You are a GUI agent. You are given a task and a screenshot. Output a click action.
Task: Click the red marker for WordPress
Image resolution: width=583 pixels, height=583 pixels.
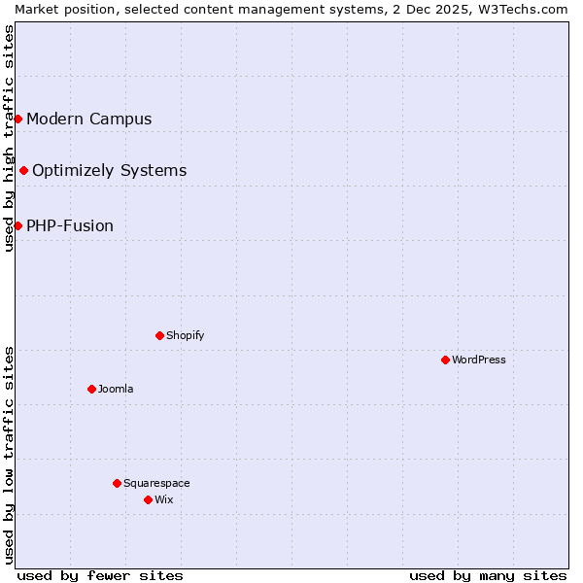tap(445, 360)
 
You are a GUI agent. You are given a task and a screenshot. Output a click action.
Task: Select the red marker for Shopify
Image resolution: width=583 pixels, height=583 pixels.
tap(159, 335)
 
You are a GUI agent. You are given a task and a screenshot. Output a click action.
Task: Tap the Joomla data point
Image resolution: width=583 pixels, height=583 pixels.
tap(91, 389)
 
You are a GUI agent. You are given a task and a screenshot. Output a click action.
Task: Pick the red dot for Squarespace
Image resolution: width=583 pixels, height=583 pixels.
tap(117, 483)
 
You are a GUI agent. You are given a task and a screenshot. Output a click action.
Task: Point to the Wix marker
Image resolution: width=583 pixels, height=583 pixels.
tap(148, 499)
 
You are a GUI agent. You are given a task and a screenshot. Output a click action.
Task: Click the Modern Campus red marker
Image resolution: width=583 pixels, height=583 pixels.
tap(17, 119)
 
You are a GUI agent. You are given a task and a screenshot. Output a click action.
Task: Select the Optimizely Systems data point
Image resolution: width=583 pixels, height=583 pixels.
tap(23, 170)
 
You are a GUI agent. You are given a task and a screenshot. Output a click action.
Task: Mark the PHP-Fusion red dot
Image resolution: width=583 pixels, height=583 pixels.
tap(17, 225)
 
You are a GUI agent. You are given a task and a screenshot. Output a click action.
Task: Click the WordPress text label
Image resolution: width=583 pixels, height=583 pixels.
tap(479, 360)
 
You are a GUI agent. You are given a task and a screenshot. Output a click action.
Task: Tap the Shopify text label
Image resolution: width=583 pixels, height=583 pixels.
tap(186, 335)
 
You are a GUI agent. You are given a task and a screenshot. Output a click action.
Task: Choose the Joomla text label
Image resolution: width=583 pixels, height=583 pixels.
tap(116, 389)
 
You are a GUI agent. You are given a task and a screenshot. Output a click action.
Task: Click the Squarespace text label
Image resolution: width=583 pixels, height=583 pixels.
tap(156, 483)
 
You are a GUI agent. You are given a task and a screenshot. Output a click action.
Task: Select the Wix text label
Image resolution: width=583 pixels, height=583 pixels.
tap(164, 499)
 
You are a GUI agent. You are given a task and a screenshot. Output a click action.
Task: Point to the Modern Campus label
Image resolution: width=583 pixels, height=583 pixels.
tap(89, 119)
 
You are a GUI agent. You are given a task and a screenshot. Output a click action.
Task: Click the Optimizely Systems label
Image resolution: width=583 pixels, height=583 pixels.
tap(110, 170)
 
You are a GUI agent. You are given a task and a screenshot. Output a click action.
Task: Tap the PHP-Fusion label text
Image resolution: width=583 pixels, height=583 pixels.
tap(70, 225)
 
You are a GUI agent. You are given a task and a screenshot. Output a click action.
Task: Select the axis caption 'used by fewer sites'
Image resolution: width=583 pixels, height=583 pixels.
tap(100, 575)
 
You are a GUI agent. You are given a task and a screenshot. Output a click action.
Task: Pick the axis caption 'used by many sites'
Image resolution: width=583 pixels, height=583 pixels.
tap(488, 575)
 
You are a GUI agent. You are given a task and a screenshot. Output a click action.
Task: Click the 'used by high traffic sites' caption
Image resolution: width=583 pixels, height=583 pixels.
tap(9, 138)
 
